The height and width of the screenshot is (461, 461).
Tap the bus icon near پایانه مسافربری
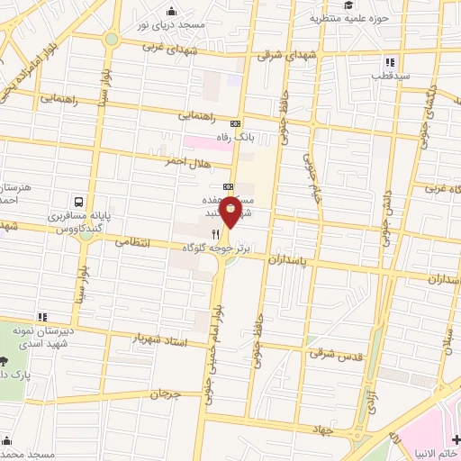pyautogui.click(x=80, y=203)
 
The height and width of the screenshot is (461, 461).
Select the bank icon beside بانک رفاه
pyautogui.click(x=236, y=123)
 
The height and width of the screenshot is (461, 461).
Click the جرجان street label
pyautogui.click(x=166, y=393)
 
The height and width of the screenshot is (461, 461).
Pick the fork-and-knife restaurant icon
pyautogui.click(x=191, y=231)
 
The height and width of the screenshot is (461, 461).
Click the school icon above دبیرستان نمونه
pyautogui.click(x=41, y=317)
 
